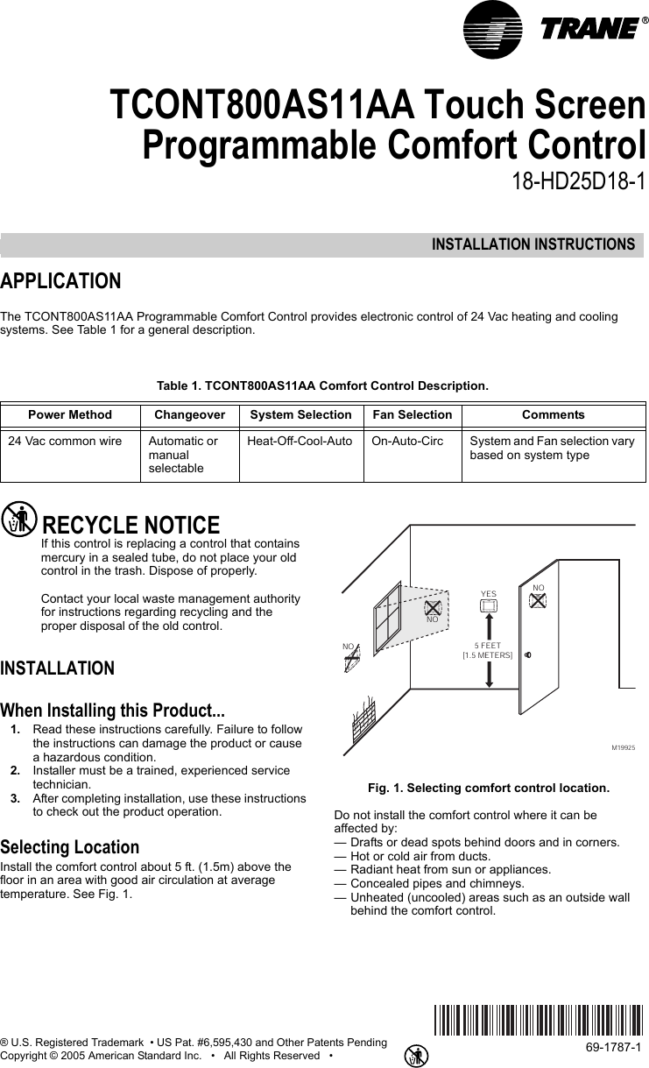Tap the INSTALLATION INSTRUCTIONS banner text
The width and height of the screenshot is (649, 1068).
point(533,244)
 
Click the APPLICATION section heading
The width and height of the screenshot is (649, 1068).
point(61,282)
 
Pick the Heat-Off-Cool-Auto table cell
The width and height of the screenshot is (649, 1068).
point(300,441)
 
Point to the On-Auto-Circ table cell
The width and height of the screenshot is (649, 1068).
point(406,441)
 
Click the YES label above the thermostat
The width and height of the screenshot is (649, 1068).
point(488,594)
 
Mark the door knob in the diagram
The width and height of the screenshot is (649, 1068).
point(528,654)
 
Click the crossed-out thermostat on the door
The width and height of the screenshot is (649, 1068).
point(538,600)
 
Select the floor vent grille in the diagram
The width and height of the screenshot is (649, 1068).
point(368,720)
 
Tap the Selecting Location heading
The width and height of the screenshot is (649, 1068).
point(70,847)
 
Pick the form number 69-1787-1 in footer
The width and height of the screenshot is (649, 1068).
point(613,1047)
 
